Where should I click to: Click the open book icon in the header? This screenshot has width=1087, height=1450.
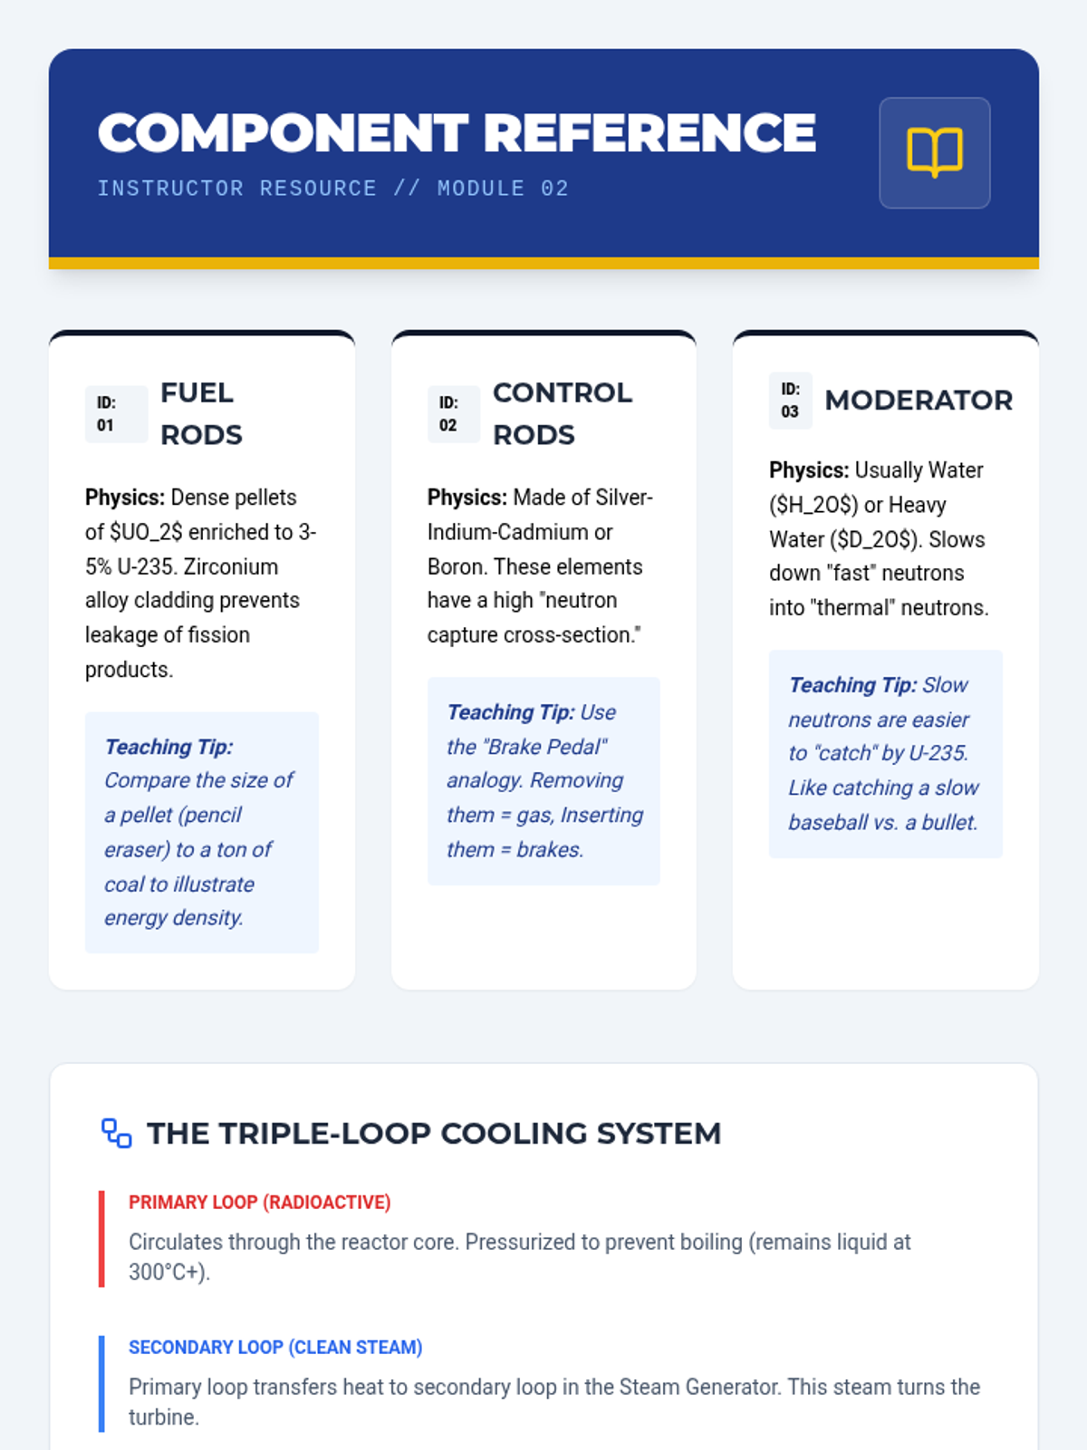click(934, 152)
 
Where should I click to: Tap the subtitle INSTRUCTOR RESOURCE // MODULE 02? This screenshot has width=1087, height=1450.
click(332, 188)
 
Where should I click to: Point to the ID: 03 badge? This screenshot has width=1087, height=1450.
click(790, 401)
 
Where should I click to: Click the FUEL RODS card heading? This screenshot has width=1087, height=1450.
click(201, 413)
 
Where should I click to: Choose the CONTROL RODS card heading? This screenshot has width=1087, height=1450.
click(562, 413)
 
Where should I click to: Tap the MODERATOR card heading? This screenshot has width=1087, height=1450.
click(918, 401)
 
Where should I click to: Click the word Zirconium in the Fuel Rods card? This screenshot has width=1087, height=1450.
click(230, 566)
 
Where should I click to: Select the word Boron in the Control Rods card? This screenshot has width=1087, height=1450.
click(456, 566)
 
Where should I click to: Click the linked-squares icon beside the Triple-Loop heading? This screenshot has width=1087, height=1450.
click(116, 1133)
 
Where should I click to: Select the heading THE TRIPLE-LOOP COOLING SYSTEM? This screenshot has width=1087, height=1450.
click(434, 1133)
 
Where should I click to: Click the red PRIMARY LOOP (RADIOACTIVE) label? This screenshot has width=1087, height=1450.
click(259, 1203)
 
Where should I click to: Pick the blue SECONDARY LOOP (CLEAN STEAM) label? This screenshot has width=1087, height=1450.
click(275, 1348)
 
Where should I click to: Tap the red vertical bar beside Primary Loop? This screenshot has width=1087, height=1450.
click(101, 1239)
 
